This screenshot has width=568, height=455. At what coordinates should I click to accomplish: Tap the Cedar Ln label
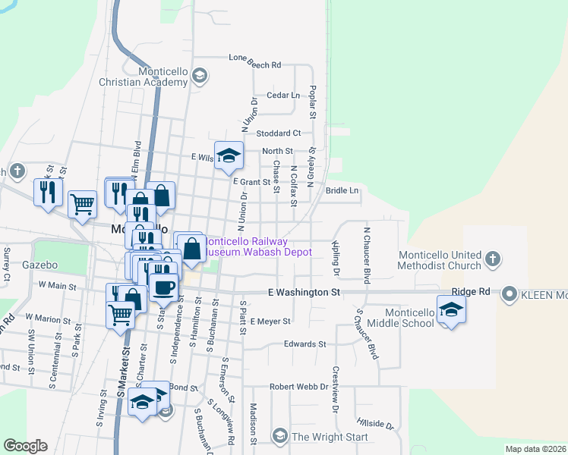283,96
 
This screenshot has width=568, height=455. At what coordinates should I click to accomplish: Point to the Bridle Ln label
342,190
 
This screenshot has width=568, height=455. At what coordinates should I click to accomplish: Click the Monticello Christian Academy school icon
200,75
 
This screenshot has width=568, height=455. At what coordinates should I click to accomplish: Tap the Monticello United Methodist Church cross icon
492,259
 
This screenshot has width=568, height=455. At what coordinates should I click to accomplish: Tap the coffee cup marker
163,287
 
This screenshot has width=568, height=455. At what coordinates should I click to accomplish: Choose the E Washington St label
303,292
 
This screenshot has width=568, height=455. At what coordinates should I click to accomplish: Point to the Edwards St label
305,344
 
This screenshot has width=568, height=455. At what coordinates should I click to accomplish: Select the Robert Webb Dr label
298,386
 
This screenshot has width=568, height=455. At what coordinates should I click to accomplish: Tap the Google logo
25,446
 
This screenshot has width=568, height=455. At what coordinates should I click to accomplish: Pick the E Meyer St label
270,322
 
